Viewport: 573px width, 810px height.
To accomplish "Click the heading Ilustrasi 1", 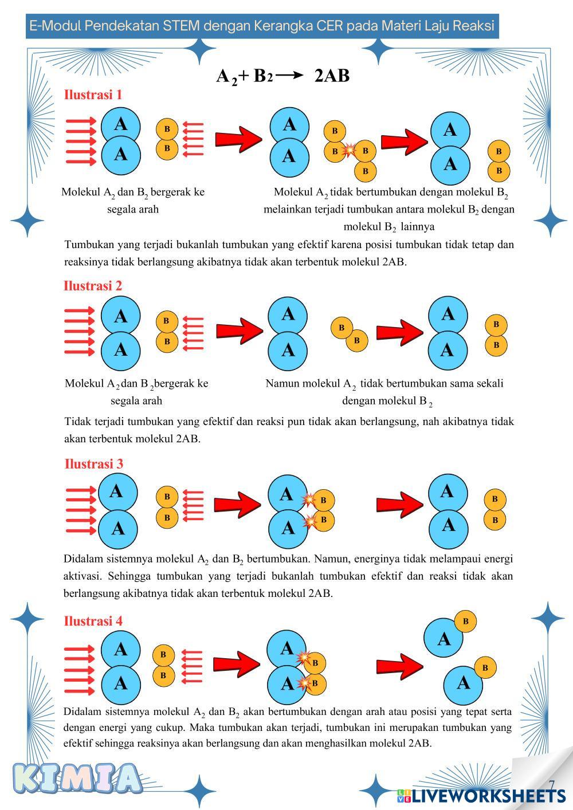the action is [93, 95].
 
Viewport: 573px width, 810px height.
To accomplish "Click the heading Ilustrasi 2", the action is [93, 285].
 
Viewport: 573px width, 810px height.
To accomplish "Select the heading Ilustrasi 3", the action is [93, 463].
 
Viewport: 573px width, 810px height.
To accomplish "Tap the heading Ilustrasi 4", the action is [93, 620].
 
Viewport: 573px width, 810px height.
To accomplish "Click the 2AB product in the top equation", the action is [332, 76].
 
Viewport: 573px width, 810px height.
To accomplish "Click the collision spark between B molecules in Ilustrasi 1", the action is [348, 151].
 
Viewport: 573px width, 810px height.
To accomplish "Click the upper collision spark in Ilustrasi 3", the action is [309, 500].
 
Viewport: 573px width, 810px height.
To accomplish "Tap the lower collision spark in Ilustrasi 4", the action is [304, 682].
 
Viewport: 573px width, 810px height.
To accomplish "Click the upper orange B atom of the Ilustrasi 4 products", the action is [465, 621].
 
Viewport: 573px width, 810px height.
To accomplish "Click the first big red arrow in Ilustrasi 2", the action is [239, 331].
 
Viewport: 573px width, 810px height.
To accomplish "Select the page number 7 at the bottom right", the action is [552, 784].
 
